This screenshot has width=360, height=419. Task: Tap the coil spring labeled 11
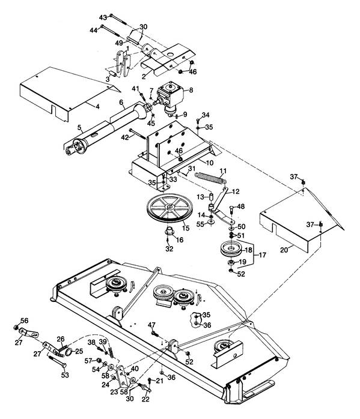click(x=210, y=178)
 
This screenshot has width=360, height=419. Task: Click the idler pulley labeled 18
click(x=231, y=249)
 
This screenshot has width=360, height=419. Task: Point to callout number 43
click(x=103, y=17)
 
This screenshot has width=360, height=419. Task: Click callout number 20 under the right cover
click(x=284, y=250)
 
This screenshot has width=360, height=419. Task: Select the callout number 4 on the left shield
click(x=97, y=107)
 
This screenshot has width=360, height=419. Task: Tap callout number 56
click(x=24, y=321)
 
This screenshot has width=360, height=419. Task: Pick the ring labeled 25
click(x=68, y=352)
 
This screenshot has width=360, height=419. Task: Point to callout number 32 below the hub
click(x=169, y=249)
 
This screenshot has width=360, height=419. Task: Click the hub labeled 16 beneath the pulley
click(x=169, y=231)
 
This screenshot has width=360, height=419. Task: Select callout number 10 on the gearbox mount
click(x=210, y=163)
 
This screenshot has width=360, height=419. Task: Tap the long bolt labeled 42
click(x=138, y=134)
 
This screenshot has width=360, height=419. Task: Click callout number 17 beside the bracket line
click(x=263, y=255)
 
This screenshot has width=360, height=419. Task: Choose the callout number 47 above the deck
click(x=151, y=325)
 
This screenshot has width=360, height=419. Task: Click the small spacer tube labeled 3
click(x=114, y=73)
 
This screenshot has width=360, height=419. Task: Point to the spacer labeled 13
click(x=211, y=197)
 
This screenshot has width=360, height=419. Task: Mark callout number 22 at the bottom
click(x=146, y=400)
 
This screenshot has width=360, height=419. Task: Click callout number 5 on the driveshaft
click(x=79, y=127)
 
